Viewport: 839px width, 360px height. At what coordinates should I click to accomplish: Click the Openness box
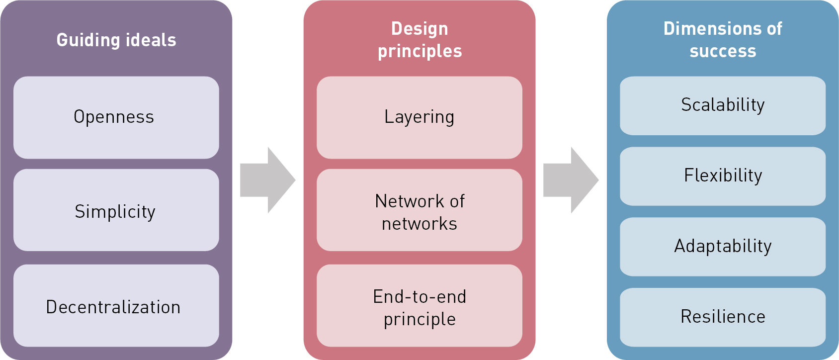click(116, 117)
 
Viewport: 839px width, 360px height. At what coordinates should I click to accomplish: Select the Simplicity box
click(116, 210)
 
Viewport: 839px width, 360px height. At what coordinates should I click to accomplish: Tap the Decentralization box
click(116, 306)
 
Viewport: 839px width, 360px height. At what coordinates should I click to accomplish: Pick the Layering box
click(419, 117)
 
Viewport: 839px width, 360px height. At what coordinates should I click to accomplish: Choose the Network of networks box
click(419, 210)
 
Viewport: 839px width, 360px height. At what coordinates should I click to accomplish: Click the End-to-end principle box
click(419, 306)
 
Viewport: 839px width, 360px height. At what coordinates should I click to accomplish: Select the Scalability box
click(722, 105)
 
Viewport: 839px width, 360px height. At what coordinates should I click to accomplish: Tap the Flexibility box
click(722, 176)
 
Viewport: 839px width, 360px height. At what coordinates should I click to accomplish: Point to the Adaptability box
click(722, 247)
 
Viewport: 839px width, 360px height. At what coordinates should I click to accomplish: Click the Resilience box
click(722, 317)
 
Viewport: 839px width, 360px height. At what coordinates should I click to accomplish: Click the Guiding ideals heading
click(116, 40)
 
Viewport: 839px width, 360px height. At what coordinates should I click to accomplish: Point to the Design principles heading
click(419, 40)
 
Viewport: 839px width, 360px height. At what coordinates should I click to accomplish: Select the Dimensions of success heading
click(723, 40)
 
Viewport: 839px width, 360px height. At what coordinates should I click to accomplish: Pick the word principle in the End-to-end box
click(419, 319)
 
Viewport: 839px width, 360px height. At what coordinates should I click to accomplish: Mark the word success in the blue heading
click(723, 51)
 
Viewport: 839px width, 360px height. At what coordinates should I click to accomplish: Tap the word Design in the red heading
click(419, 29)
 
